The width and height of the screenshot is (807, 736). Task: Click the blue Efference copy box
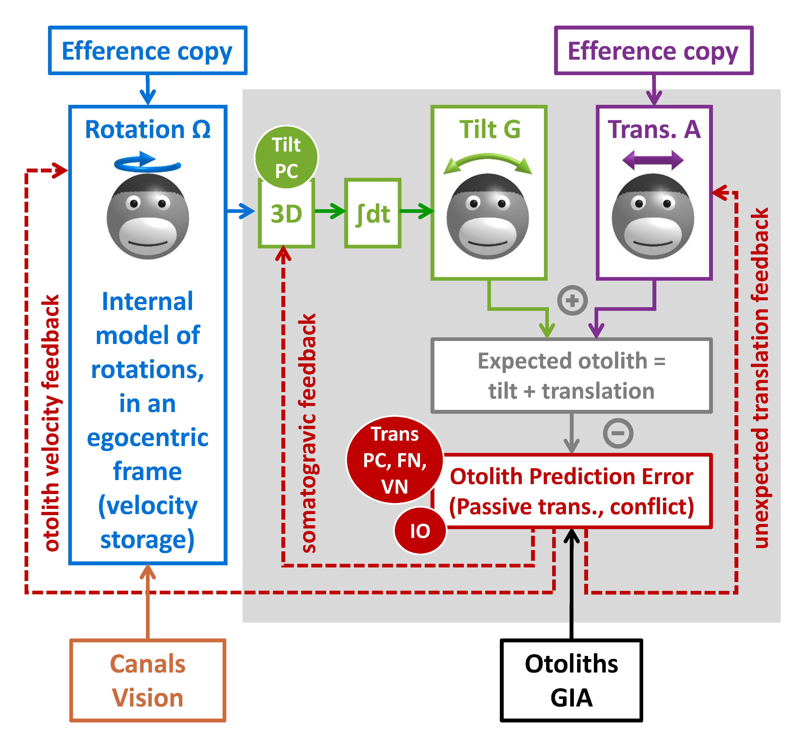point(147,51)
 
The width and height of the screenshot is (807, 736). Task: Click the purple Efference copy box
point(653,51)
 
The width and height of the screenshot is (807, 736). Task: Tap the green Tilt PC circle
point(286,157)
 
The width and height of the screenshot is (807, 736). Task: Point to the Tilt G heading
point(489,129)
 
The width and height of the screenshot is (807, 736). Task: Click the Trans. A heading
point(654,129)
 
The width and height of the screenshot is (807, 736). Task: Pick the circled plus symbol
point(572,300)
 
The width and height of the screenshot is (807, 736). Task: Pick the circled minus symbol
point(618,433)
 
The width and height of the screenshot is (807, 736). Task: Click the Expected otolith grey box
point(571,375)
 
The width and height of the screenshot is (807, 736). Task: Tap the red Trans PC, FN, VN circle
point(395,460)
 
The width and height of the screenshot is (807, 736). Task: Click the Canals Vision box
point(148,680)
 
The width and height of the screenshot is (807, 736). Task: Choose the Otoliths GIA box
point(571,680)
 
